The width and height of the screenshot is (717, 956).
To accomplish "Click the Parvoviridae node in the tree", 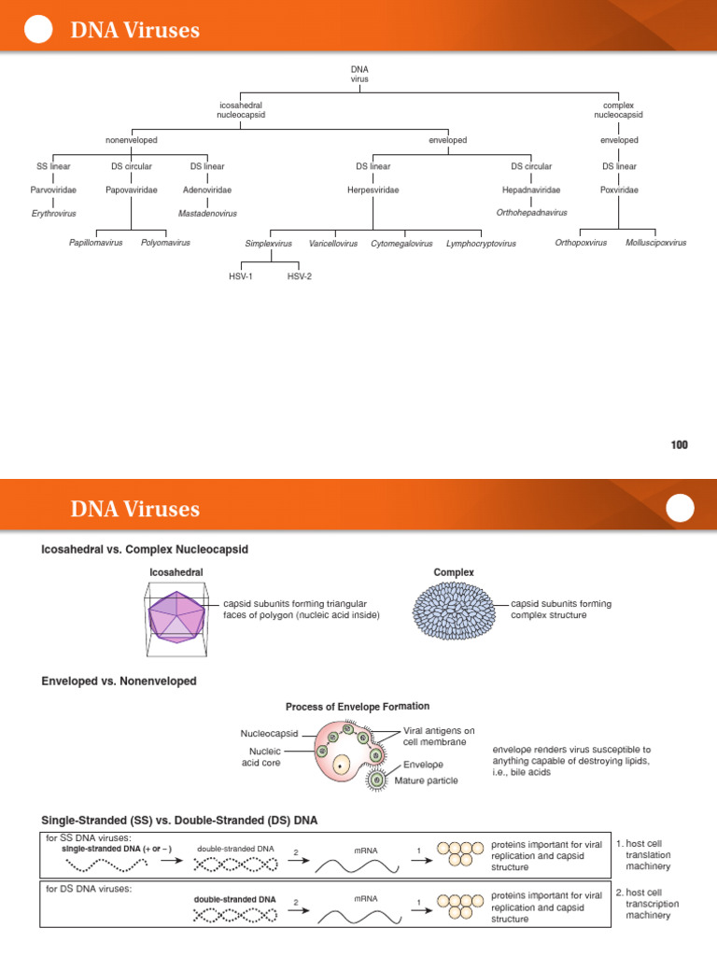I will pos(53,190).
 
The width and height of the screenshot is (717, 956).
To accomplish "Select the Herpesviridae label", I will pos(373,190).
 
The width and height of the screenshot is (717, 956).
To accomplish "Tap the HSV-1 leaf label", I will pos(241,277).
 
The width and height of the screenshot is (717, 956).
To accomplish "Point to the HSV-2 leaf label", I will pos(300,277).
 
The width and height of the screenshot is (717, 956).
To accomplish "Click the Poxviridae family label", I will pos(619,190).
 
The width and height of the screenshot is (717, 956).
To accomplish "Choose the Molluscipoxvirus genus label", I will pos(655,243).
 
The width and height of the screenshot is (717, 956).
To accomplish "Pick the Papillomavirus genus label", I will pos(96,243).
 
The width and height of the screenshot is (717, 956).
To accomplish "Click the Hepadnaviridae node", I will pos(531,190).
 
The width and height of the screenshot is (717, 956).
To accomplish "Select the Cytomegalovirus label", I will pos(401,244).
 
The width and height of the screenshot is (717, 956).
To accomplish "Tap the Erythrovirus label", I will pos(53,214).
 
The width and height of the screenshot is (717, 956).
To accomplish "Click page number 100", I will pos(679,445).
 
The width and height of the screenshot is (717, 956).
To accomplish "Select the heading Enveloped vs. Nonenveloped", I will pos(119,682).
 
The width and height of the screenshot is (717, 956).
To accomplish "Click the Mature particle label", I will pos(426,780).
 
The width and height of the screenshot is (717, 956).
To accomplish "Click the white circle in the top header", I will pos(37,30).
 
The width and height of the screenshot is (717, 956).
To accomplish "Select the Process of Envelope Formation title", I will pos(358,707).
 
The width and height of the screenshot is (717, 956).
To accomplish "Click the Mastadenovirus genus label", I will pos(207,214).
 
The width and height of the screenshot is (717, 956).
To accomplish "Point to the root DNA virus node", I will pos(359,75).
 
